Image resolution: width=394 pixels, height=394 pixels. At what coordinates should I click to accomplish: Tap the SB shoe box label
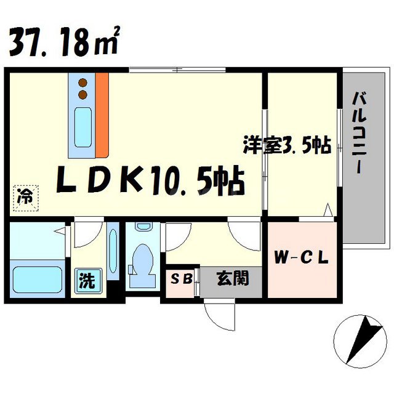coord(181,279)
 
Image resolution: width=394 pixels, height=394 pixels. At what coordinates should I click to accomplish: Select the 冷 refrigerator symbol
coord(25,198)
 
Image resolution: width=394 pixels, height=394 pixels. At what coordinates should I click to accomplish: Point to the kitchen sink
coord(82,123)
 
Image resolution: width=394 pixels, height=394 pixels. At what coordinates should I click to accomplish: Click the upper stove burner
coord(82,82)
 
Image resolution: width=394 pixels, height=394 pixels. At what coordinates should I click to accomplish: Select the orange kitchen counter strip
coord(101,114)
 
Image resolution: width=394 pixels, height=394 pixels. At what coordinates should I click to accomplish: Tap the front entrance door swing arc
coord(220,315)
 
